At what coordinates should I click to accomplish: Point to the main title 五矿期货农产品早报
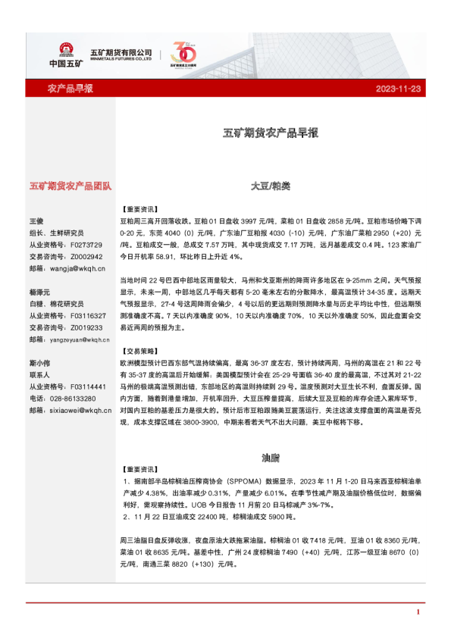coord(271,133)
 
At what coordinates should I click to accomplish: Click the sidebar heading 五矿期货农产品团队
coord(70,185)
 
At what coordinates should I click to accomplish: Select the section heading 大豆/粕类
coord(271,185)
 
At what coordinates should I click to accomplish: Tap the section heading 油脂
coord(271,458)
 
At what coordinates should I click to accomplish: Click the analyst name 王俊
coord(37,220)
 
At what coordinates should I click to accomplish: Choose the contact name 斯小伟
coord(39,362)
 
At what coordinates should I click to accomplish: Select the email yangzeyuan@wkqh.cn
coord(80,339)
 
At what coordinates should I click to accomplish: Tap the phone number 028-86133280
coord(73,398)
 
